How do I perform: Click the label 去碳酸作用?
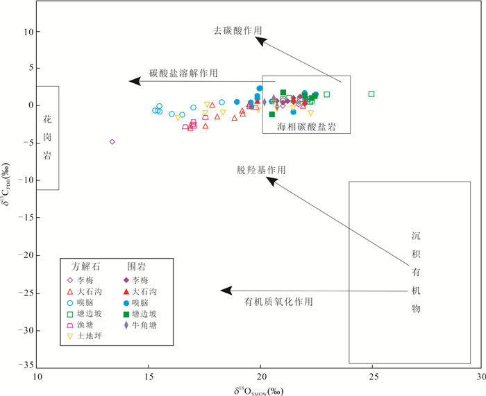click(x=238, y=31)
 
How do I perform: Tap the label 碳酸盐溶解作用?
click(x=183, y=72)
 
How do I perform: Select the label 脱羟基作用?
click(x=261, y=170)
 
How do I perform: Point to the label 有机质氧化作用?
click(x=278, y=302)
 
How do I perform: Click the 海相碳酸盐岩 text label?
click(x=306, y=127)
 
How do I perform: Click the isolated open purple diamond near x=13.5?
click(x=112, y=141)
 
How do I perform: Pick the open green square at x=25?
click(x=371, y=94)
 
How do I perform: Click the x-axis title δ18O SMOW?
click(x=260, y=390)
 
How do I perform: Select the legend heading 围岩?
click(x=135, y=266)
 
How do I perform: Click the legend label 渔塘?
click(x=87, y=325)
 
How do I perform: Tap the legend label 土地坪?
click(x=90, y=336)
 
